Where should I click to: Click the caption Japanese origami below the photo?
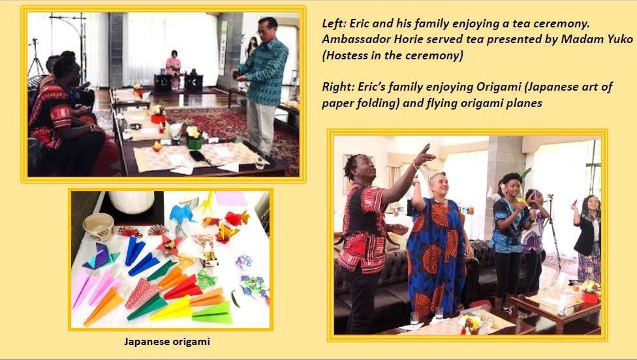(167, 341)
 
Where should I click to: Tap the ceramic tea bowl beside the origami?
(99, 227)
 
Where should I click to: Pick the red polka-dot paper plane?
(142, 293)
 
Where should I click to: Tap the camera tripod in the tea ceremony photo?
(36, 59)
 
